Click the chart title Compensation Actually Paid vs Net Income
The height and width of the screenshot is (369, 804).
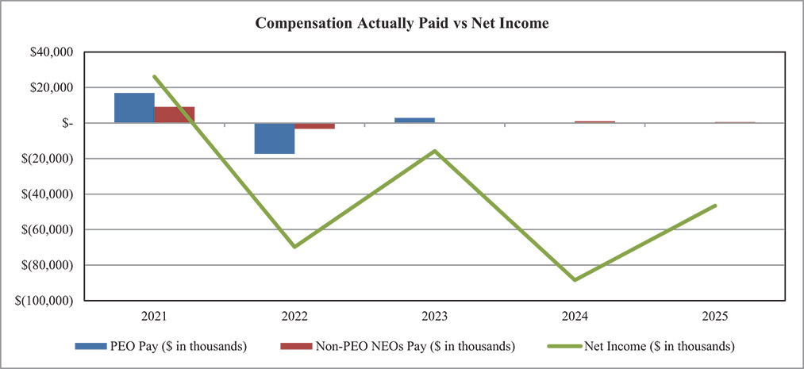[402, 24]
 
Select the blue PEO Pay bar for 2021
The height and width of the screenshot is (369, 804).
[134, 108]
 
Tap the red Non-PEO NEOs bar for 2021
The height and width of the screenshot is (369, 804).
[175, 115]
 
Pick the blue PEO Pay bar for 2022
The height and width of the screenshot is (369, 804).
[274, 138]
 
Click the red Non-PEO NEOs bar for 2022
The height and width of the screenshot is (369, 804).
[314, 126]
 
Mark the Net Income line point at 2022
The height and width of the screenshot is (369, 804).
[294, 247]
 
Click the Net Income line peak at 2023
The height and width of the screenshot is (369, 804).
[434, 151]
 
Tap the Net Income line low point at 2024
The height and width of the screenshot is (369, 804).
[575, 280]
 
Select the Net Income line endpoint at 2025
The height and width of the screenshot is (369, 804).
[715, 206]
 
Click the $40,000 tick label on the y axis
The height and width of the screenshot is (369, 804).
[50, 52]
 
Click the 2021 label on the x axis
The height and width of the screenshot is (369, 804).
[154, 316]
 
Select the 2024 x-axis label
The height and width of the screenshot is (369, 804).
[575, 316]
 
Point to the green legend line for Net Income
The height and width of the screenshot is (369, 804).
[561, 346]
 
